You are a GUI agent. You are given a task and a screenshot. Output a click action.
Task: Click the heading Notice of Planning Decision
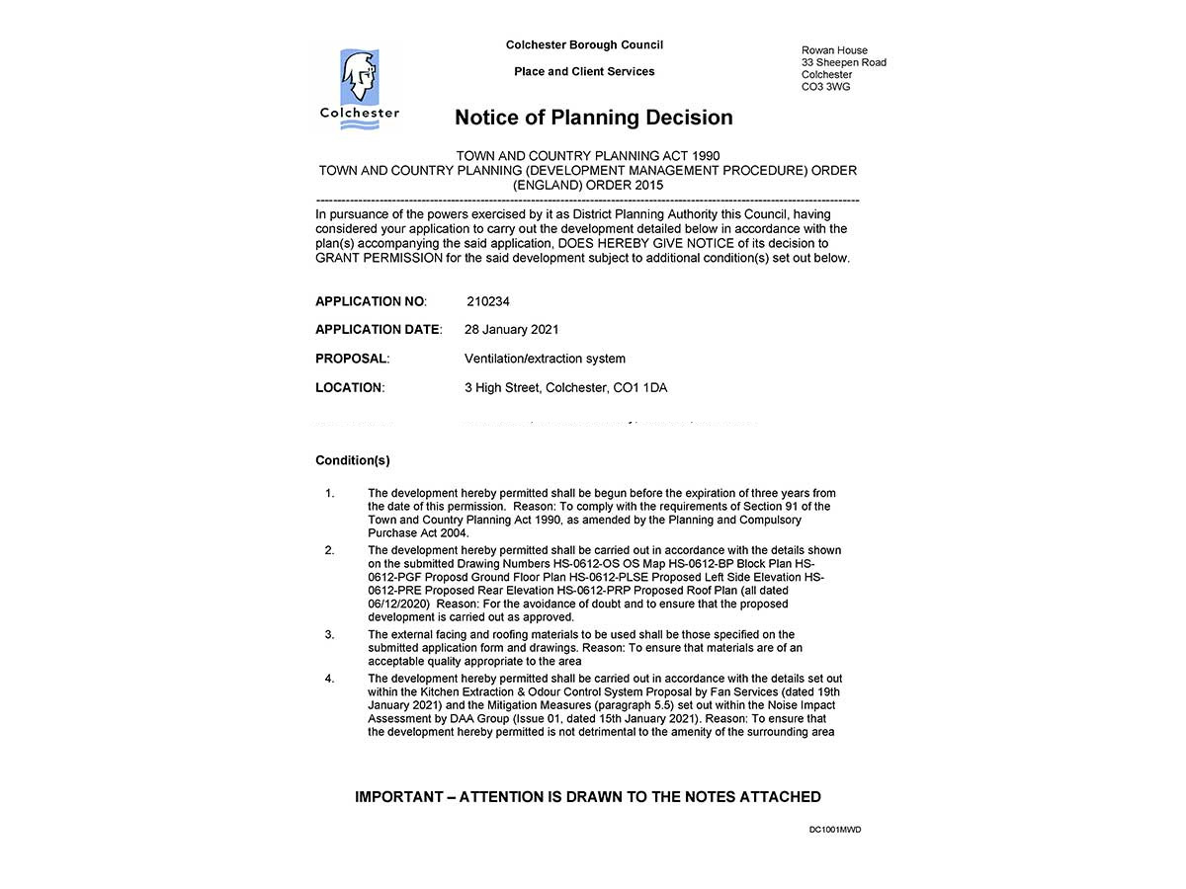(x=593, y=118)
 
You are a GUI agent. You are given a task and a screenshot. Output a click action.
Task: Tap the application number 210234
(x=488, y=301)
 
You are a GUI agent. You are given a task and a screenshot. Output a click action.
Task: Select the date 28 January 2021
(x=511, y=330)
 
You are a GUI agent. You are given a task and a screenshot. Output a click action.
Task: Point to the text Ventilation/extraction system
(x=545, y=359)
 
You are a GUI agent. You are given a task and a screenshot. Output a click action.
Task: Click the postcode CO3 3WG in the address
(x=825, y=87)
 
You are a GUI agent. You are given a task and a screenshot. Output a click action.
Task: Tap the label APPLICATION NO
(x=371, y=301)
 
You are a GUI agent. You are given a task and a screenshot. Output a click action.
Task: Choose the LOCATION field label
(x=350, y=387)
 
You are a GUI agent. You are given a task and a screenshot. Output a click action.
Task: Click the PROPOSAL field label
(x=352, y=359)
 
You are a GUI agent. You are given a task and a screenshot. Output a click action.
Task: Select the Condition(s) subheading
(x=353, y=460)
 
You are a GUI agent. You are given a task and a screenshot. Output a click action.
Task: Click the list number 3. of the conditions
(x=330, y=634)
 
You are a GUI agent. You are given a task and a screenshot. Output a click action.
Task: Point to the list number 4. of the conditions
(x=330, y=679)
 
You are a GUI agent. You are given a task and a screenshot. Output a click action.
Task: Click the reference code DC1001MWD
(x=835, y=830)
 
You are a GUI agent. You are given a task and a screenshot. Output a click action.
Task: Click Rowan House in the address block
(x=834, y=50)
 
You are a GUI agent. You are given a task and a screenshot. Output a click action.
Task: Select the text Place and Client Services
(x=584, y=71)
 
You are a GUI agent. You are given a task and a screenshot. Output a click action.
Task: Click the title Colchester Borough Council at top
(x=584, y=44)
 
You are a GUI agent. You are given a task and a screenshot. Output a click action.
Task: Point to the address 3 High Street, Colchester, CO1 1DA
(x=565, y=387)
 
